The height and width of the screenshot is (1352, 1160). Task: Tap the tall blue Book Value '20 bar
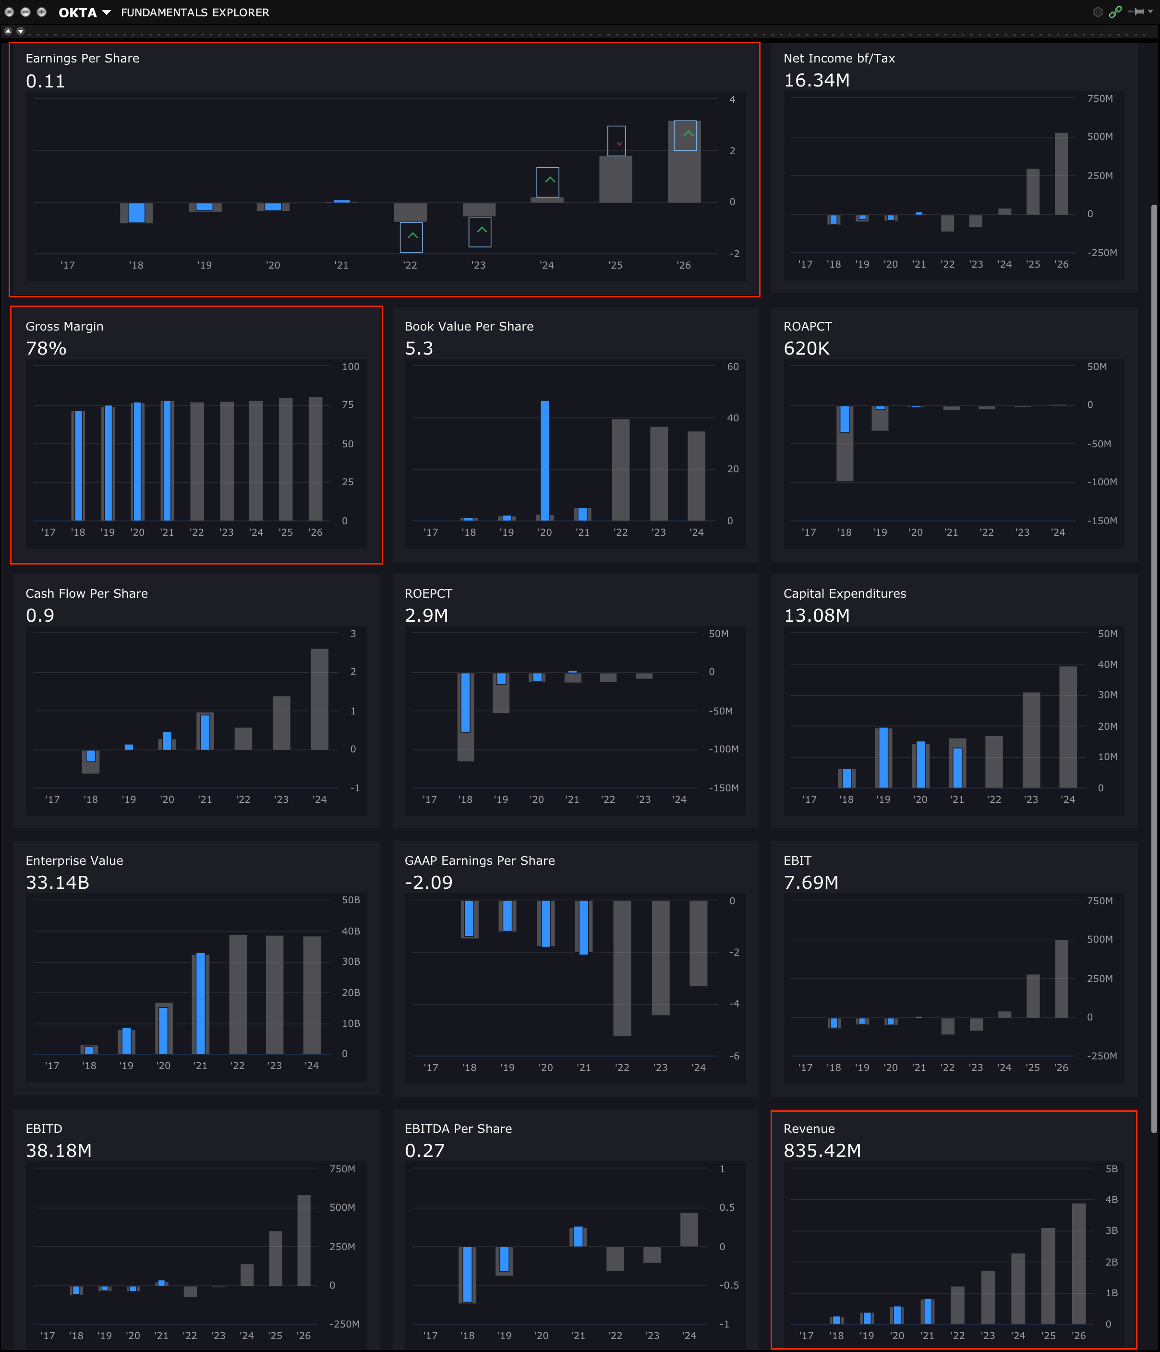(x=544, y=460)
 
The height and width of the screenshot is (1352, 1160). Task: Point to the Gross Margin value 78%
(x=46, y=348)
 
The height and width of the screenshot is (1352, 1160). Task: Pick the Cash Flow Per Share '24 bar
(x=319, y=699)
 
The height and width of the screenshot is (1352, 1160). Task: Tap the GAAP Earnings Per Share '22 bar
(x=622, y=968)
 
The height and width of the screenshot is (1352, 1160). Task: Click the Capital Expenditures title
(x=845, y=593)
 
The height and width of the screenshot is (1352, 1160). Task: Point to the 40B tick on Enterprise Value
(x=351, y=931)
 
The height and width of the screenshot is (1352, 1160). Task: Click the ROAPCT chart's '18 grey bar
(x=845, y=457)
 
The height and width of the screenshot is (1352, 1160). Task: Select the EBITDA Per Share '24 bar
(x=689, y=1229)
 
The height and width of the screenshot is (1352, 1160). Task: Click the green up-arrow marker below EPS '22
(x=411, y=237)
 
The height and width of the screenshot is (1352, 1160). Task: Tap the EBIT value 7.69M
(x=810, y=882)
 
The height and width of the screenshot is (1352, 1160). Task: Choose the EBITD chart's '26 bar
(x=304, y=1240)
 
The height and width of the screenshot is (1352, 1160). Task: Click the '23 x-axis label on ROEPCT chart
(x=643, y=799)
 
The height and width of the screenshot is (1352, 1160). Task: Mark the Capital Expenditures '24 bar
(x=1067, y=727)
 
